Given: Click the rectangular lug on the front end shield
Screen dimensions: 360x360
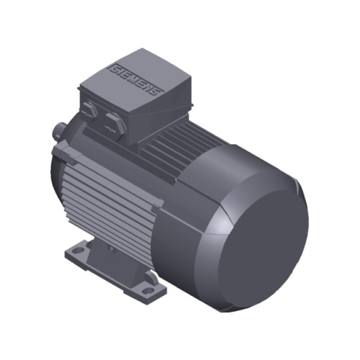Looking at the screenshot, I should tap(64, 153).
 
